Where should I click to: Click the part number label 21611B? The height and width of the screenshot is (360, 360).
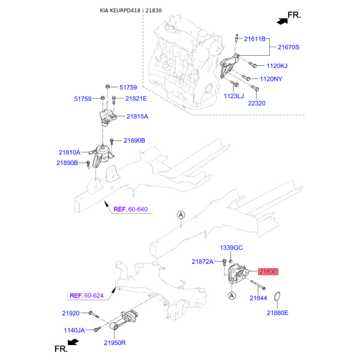point(255,39)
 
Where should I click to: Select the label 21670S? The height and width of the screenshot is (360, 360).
point(288,47)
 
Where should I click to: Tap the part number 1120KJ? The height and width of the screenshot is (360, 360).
point(277,66)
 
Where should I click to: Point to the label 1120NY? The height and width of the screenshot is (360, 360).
point(277,79)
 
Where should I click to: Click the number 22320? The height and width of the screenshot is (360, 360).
point(257,103)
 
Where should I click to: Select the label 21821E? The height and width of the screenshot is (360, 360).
point(136,98)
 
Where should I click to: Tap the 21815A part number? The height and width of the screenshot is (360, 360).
point(137,116)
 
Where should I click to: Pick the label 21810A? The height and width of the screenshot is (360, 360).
point(69,152)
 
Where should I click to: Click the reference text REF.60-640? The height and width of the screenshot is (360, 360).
point(130,209)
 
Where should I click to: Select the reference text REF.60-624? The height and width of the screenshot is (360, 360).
point(86,296)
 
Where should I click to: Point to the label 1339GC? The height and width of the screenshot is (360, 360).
point(231,248)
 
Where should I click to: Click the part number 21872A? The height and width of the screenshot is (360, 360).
point(203,261)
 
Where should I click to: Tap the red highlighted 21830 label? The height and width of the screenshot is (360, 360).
point(268,271)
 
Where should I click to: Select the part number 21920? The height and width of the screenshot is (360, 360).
point(71,313)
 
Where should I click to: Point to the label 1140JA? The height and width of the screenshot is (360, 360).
point(73,330)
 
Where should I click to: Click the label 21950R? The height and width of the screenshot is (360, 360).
point(115,343)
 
